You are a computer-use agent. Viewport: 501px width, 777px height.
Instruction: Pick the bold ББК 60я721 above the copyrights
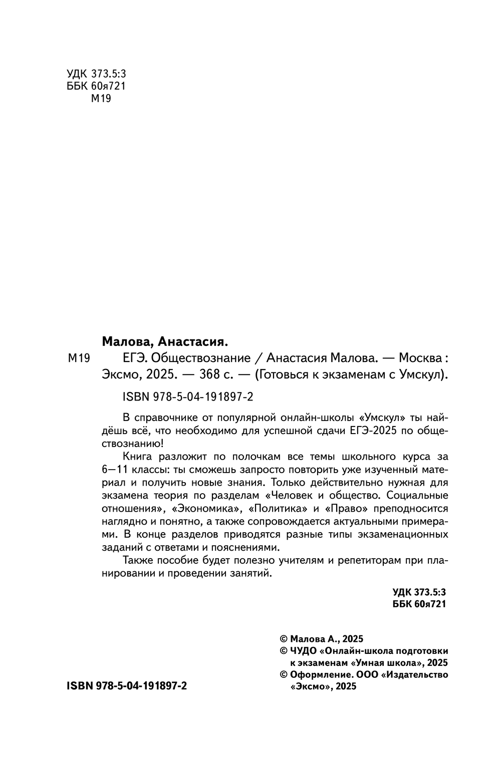coord(419,604)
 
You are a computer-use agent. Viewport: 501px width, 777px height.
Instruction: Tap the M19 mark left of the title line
coord(78,358)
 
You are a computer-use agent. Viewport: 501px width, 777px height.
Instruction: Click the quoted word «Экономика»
coord(204,509)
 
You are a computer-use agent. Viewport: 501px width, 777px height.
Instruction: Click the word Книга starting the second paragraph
coord(138,457)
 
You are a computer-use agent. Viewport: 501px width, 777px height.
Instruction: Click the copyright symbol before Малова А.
coord(283,639)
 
